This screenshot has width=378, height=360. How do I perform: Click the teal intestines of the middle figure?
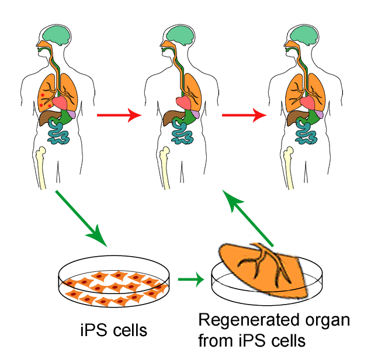[x=182, y=134]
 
